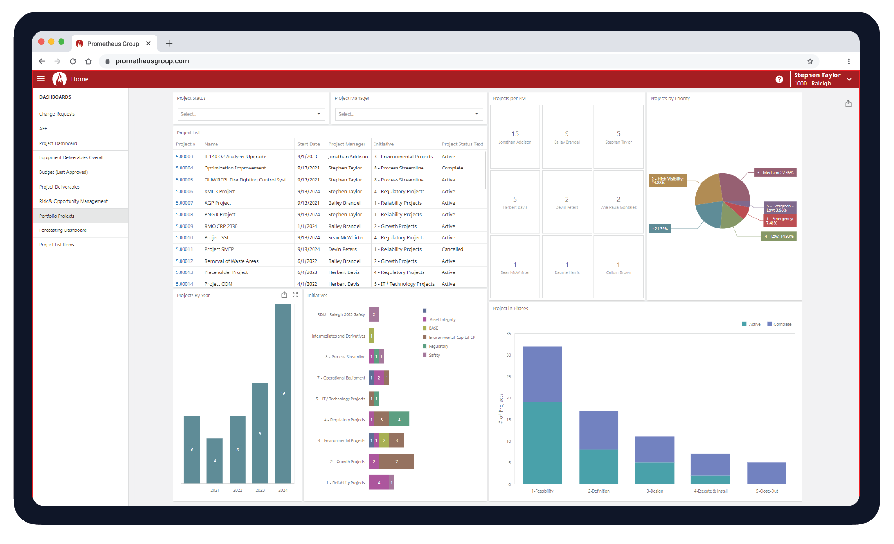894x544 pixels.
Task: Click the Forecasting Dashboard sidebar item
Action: point(63,230)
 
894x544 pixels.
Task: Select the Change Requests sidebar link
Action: point(57,114)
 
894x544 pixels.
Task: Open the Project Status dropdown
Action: point(251,114)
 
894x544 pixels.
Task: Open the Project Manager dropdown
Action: point(409,114)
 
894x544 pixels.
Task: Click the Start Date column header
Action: point(308,144)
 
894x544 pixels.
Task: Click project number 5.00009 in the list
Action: point(184,226)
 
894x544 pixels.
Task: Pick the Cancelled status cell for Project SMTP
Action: point(452,250)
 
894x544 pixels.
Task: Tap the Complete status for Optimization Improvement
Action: point(452,168)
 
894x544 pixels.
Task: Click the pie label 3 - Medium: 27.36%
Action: point(775,173)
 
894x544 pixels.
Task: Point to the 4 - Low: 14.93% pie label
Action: point(779,236)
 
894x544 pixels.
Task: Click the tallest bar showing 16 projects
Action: point(283,393)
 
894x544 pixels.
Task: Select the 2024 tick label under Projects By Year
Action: point(283,490)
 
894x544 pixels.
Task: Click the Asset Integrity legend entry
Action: point(442,320)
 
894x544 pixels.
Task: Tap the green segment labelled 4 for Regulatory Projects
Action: point(399,420)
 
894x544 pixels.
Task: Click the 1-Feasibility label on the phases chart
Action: point(542,491)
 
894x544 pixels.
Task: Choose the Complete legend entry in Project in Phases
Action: point(782,324)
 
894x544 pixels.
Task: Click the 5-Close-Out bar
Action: point(766,473)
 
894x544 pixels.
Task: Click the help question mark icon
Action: point(779,80)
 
